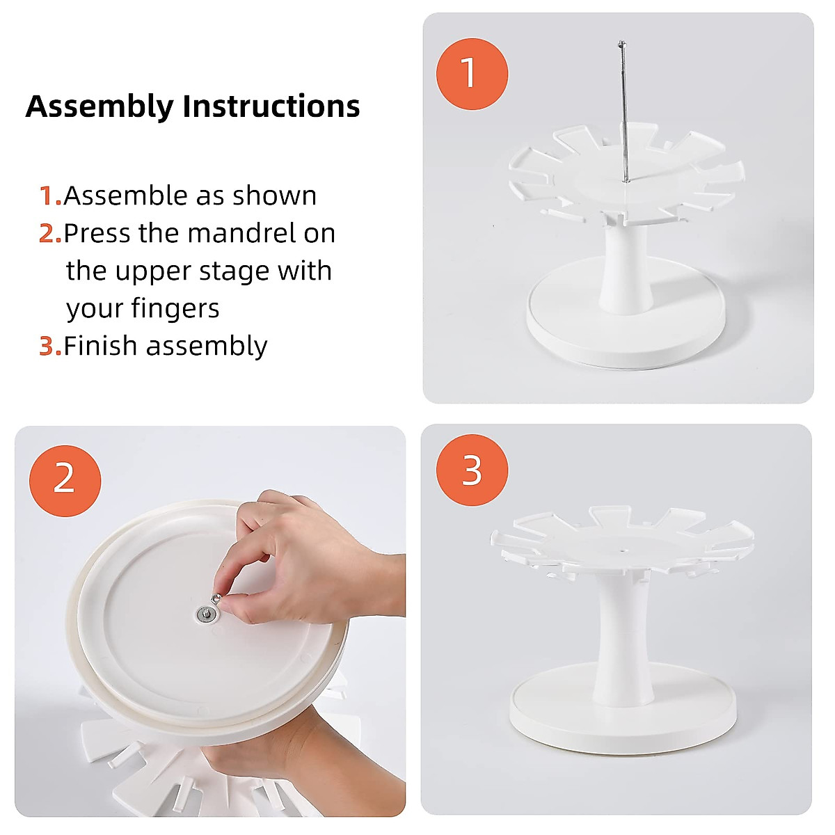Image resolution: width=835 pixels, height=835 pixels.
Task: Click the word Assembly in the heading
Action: pyautogui.click(x=100, y=106)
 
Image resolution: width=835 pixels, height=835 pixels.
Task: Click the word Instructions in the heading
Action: pyautogui.click(x=271, y=106)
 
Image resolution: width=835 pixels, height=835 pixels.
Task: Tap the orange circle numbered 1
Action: pyautogui.click(x=472, y=74)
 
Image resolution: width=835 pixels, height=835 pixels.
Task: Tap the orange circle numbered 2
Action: pyautogui.click(x=65, y=481)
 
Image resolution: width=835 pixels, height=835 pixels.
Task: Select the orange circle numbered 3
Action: pyautogui.click(x=472, y=470)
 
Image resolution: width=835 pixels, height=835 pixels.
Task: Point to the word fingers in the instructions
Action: pyautogui.click(x=175, y=310)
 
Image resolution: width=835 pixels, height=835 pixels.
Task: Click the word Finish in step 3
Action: pyautogui.click(x=100, y=346)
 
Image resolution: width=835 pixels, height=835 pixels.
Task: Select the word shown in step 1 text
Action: pyautogui.click(x=274, y=196)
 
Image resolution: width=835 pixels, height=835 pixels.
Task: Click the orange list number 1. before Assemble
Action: pyautogui.click(x=50, y=196)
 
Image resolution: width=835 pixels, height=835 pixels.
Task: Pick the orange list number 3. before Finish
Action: pyautogui.click(x=50, y=347)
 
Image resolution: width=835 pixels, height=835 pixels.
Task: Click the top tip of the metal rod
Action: pyautogui.click(x=621, y=42)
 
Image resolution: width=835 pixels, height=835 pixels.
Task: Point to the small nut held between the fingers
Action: pyautogui.click(x=216, y=599)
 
